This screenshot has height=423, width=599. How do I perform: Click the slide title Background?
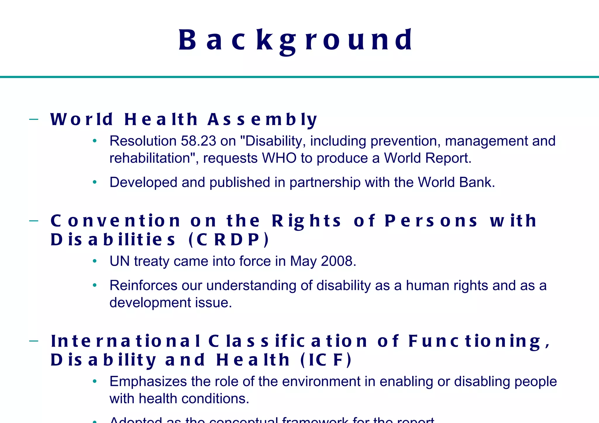pos(295,40)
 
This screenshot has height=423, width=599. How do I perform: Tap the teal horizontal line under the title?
pos(299,77)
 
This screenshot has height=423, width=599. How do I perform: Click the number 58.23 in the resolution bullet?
pos(198,141)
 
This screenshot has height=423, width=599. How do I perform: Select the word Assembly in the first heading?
pos(262,120)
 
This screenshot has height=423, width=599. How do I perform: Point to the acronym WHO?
pos(279,158)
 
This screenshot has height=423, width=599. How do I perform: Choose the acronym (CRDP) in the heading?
pos(229,240)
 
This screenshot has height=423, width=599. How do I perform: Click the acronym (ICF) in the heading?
pos(326,360)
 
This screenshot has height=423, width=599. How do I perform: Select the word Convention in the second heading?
pos(116,221)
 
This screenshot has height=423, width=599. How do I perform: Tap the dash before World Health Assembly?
pos(34,119)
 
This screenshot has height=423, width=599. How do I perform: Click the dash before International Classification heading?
pos(34,341)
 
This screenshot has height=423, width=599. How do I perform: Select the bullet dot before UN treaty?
pos(94,261)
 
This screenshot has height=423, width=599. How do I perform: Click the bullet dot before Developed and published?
pos(94,182)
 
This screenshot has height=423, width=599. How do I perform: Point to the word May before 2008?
pos(303,261)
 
